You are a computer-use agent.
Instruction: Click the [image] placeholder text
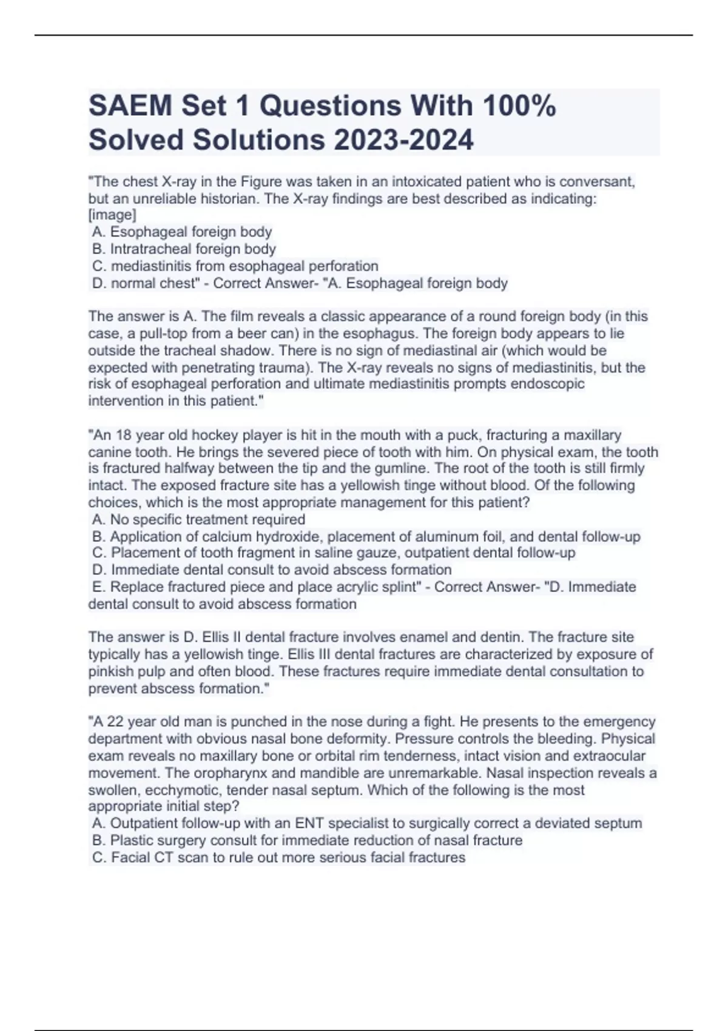pos(112,215)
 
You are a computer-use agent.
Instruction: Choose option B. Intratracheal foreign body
pos(184,249)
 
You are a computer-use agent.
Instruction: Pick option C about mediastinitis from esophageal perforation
pos(235,266)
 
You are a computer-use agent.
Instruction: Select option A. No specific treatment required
pos(198,519)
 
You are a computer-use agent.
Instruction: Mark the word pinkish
pos(114,671)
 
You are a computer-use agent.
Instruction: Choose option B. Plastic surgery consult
pos(307,840)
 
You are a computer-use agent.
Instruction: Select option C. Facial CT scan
pos(278,857)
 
